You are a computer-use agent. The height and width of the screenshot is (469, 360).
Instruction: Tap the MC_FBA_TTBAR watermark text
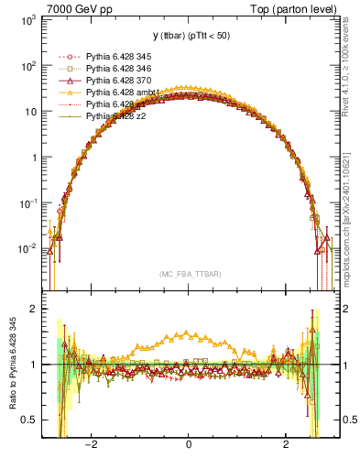pyautogui.click(x=188, y=274)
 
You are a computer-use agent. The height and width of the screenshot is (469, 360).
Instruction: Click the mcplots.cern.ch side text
pyautogui.click(x=350, y=211)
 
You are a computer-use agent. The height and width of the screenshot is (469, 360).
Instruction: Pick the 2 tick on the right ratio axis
pyautogui.click(x=342, y=310)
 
